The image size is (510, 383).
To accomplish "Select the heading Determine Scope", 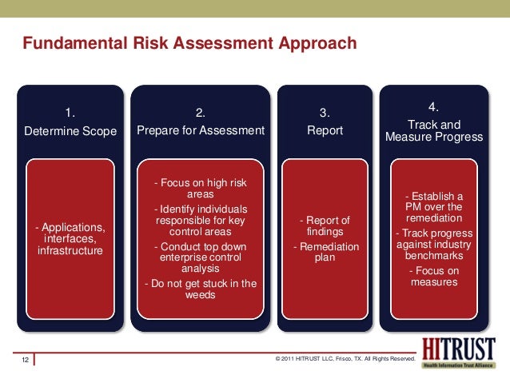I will [x=70, y=130].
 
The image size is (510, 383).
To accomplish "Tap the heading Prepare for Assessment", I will [x=200, y=130].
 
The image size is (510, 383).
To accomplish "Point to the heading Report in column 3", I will [x=325, y=130].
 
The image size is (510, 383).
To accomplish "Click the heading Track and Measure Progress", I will [x=434, y=130].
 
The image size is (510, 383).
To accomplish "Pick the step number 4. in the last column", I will [x=434, y=106].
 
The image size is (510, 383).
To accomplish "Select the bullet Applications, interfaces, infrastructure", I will [x=70, y=239].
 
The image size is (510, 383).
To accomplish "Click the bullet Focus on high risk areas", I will [x=200, y=188].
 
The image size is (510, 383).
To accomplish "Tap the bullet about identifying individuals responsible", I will [x=200, y=221].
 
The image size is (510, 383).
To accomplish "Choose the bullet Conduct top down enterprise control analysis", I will [x=200, y=257].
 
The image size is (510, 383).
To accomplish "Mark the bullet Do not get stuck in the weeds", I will [x=200, y=289].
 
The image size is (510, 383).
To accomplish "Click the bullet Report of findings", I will [x=325, y=225].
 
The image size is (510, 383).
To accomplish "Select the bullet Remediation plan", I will [x=325, y=252].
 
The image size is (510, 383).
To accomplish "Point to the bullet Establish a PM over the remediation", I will [x=434, y=206].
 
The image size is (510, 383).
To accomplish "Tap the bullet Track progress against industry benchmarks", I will [x=434, y=244].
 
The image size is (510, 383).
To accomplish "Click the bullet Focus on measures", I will [x=434, y=276].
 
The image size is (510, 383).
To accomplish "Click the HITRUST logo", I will [x=456, y=353].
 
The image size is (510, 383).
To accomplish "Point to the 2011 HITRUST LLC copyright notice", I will [x=345, y=361].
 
